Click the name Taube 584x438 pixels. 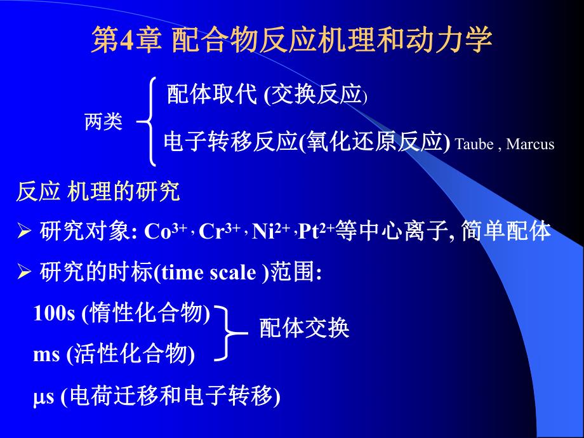[x=474, y=145]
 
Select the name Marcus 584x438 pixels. [x=531, y=145]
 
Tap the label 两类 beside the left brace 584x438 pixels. [x=103, y=122]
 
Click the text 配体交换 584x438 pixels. [x=304, y=329]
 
